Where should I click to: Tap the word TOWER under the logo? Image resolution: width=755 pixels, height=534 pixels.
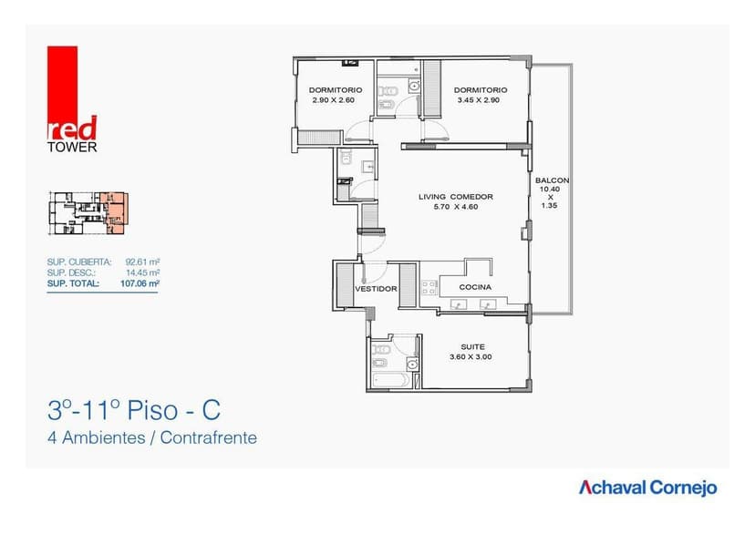coord(72,146)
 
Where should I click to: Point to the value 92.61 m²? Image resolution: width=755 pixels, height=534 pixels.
coord(143,262)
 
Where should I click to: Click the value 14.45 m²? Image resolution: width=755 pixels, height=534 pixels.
coord(143,272)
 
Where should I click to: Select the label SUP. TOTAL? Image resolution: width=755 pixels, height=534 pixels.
coord(77,283)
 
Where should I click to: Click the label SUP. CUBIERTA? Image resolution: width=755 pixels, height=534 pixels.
coord(79,262)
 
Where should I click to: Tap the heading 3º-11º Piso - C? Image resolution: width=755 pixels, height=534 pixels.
coord(133,408)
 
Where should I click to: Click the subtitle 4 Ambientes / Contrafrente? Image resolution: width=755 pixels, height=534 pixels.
coord(151,437)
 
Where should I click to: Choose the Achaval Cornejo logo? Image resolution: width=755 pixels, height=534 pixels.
coord(647,488)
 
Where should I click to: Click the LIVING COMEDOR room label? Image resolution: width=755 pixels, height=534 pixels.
coord(456,197)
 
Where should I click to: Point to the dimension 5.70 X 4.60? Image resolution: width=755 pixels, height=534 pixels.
coord(456,207)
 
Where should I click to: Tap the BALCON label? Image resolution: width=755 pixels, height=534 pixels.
coord(552,180)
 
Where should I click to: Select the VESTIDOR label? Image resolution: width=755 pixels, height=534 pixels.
coord(376,289)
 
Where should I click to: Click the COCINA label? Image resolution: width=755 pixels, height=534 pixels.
coord(475,288)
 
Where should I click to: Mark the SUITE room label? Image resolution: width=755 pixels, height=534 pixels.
coord(472,346)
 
